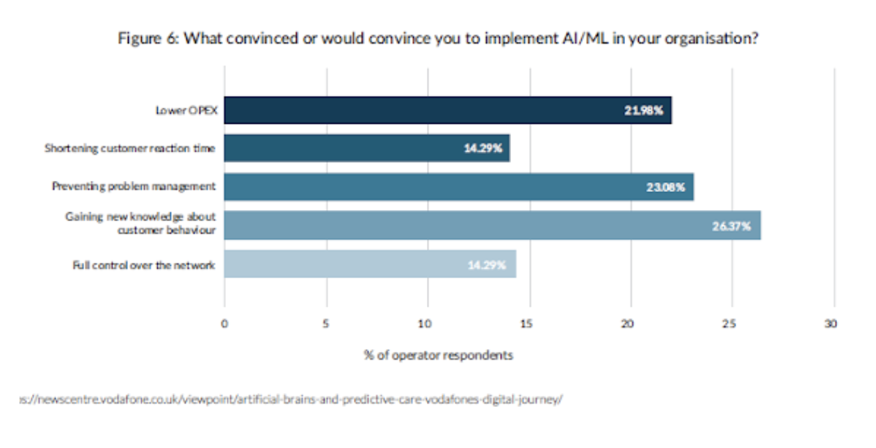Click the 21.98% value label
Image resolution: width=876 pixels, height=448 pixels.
point(643,111)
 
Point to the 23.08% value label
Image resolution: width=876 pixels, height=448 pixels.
point(665,186)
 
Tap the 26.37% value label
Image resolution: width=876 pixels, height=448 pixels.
point(731,225)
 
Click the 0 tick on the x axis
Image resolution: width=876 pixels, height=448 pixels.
point(225,323)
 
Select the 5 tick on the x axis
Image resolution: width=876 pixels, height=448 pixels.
point(326,323)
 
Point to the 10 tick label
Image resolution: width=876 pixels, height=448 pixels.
point(428,323)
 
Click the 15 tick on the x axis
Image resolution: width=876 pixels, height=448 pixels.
point(530,323)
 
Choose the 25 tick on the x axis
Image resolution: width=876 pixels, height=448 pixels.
point(732,323)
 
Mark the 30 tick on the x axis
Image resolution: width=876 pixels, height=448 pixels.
point(832,323)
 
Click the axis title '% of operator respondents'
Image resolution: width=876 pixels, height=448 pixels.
point(438,355)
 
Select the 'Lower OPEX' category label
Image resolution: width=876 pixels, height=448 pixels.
point(185,111)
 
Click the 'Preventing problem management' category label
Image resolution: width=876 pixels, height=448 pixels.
point(133,186)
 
